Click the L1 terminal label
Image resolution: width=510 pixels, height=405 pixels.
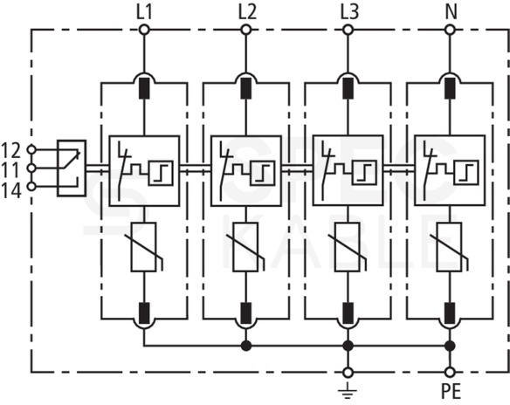click(x=144, y=12)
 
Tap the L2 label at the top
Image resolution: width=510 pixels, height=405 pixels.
click(x=247, y=12)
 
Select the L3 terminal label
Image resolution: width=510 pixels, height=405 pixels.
click(x=349, y=12)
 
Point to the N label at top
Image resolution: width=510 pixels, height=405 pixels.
click(x=451, y=12)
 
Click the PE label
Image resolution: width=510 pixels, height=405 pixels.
click(x=451, y=391)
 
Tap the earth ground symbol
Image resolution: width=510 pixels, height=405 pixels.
click(x=348, y=390)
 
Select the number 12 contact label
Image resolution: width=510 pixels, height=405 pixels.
click(x=11, y=150)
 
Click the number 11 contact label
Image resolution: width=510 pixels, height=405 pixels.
click(x=11, y=170)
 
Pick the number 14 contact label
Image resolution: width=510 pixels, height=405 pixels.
click(x=11, y=190)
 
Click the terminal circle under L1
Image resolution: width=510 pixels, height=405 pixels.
click(x=144, y=31)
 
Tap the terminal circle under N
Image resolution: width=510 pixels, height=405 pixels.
click(x=450, y=31)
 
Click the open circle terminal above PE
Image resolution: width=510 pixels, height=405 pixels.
click(x=450, y=372)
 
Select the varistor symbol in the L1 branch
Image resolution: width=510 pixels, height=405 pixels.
click(x=144, y=247)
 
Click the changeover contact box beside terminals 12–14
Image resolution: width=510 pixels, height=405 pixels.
click(x=72, y=168)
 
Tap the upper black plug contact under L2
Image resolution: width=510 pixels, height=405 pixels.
click(x=246, y=88)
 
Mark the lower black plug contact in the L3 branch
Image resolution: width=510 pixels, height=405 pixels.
click(x=348, y=313)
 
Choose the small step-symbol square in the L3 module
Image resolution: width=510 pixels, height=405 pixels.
click(x=365, y=173)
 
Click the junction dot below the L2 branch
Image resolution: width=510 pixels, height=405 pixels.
click(x=246, y=346)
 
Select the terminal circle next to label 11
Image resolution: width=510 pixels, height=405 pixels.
click(x=31, y=168)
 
